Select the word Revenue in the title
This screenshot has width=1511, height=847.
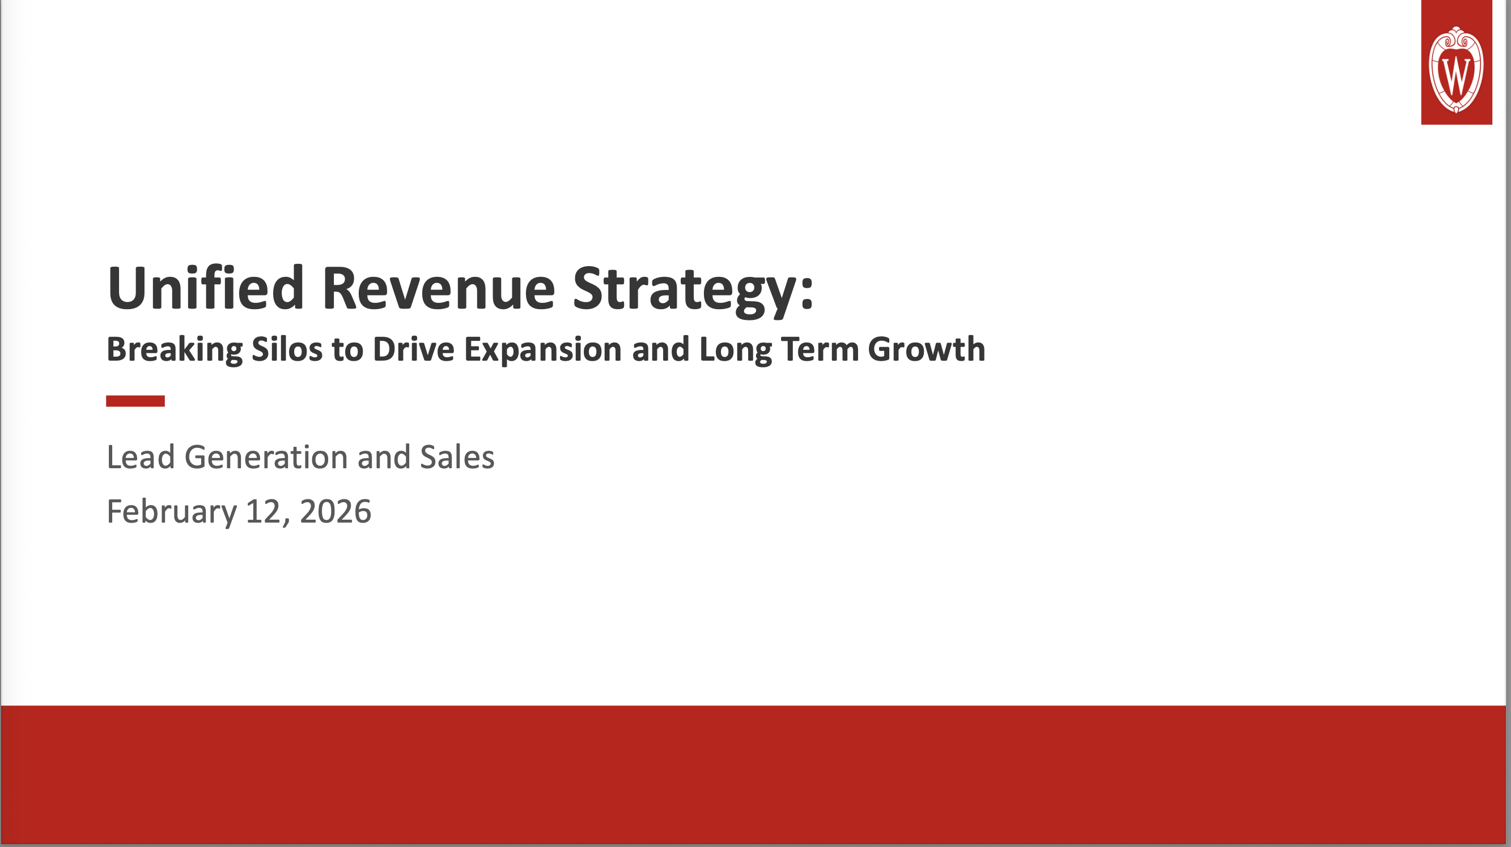pyautogui.click(x=438, y=288)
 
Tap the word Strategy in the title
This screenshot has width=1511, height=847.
pyautogui.click(x=684, y=289)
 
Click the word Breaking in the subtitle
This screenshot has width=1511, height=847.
pyautogui.click(x=174, y=350)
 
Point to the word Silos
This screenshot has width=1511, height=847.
pyautogui.click(x=287, y=349)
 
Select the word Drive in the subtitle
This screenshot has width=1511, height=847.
pyautogui.click(x=413, y=349)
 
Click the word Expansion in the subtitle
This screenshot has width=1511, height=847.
pyautogui.click(x=542, y=350)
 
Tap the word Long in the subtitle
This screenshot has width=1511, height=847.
pyautogui.click(x=735, y=350)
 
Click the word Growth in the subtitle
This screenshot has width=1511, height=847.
pyautogui.click(x=926, y=350)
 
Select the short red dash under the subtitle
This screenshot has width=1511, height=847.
pyautogui.click(x=135, y=401)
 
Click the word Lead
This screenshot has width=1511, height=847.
pyautogui.click(x=141, y=457)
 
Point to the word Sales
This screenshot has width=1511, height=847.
pyautogui.click(x=457, y=457)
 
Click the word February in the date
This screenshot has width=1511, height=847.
pyautogui.click(x=171, y=512)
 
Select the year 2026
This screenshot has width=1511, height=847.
pyautogui.click(x=335, y=512)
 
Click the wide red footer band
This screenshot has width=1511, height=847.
pyautogui.click(x=755, y=774)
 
